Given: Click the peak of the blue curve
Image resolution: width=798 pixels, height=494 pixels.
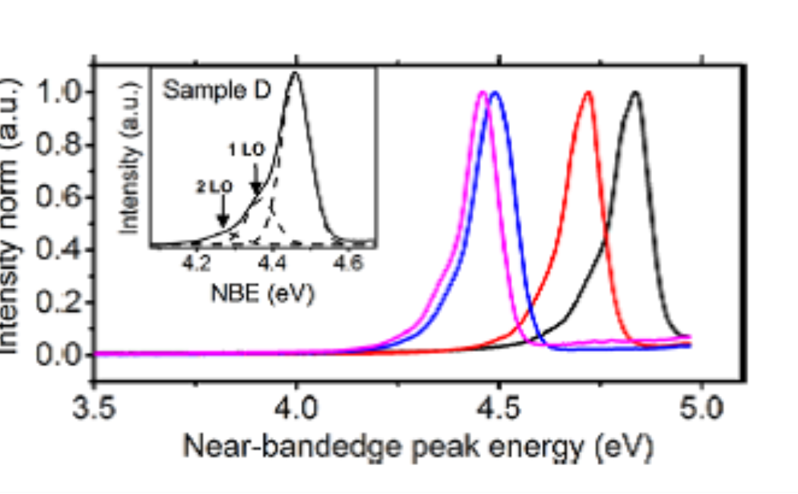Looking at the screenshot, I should [x=496, y=93].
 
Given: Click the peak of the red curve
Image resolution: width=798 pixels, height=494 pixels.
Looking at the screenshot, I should [x=587, y=93].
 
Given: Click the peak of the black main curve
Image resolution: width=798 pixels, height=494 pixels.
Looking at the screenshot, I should [x=635, y=93].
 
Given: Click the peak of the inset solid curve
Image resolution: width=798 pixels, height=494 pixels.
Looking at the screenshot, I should [x=295, y=73].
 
